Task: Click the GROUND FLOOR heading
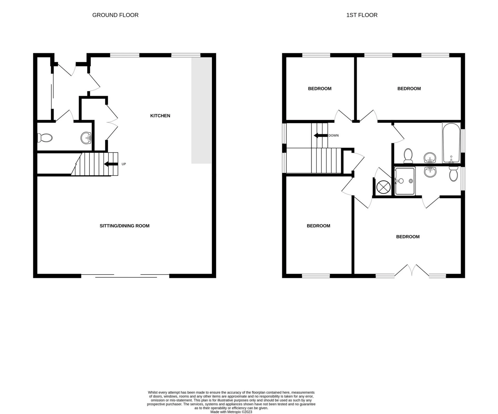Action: pyautogui.click(x=115, y=15)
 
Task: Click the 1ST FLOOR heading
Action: pyautogui.click(x=362, y=15)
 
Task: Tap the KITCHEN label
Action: pyautogui.click(x=160, y=116)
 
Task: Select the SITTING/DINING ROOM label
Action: pyautogui.click(x=125, y=226)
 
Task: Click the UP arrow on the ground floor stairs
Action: pyautogui.click(x=111, y=164)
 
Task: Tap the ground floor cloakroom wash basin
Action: pyautogui.click(x=86, y=138)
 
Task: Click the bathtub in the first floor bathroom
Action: pyautogui.click(x=451, y=143)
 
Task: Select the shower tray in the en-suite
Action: pyautogui.click(x=404, y=181)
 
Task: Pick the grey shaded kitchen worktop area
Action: pyautogui.click(x=201, y=110)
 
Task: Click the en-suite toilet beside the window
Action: pyautogui.click(x=453, y=174)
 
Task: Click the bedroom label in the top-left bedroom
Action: pyautogui.click(x=320, y=89)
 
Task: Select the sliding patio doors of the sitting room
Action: pyautogui.click(x=126, y=276)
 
